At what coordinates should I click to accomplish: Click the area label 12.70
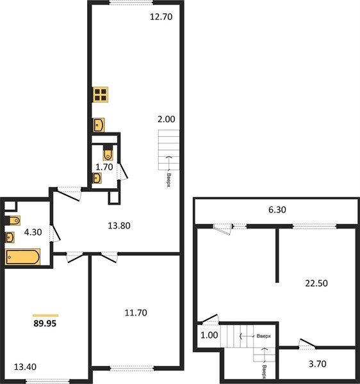161,17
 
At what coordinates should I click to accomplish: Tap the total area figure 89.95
45,323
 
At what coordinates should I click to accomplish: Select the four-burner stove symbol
101,95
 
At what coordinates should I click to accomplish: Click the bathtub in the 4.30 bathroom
22,257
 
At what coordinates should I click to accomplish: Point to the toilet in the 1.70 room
108,153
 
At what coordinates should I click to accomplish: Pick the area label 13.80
119,225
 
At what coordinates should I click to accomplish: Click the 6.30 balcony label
277,210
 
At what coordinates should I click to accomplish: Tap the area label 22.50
316,284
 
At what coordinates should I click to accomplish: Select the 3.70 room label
317,364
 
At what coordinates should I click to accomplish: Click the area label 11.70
136,313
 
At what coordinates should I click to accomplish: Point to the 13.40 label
25,367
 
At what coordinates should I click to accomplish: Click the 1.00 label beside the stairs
209,335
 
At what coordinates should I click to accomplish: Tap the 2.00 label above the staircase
167,119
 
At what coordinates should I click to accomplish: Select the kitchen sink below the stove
99,125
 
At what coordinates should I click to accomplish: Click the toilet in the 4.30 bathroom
13,220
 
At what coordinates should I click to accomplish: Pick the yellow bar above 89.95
45,316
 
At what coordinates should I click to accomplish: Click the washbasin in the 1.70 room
97,178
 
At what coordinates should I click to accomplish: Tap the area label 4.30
33,232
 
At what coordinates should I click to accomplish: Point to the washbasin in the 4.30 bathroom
10,237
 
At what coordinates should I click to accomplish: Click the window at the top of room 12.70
131,3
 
